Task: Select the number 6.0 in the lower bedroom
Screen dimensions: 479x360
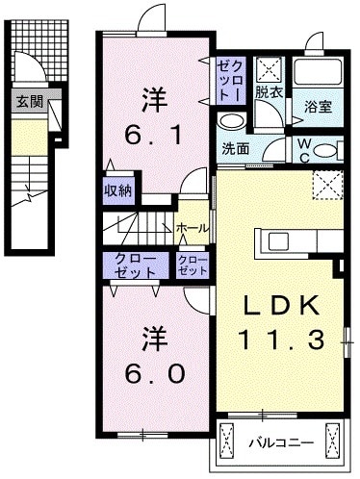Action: [152, 370]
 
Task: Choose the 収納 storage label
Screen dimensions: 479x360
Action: [118, 189]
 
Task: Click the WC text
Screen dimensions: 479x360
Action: [300, 149]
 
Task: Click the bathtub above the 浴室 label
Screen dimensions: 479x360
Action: [318, 72]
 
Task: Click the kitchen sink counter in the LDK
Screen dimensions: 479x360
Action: [279, 240]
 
